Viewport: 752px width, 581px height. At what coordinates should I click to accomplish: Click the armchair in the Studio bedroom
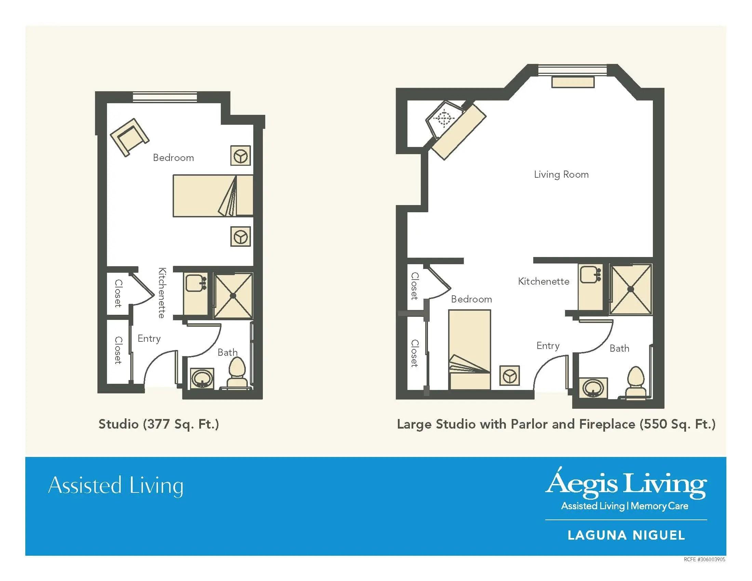(x=130, y=137)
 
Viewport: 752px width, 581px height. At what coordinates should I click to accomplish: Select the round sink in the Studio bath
(x=202, y=379)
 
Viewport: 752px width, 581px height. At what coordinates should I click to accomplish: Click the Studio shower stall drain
(x=233, y=296)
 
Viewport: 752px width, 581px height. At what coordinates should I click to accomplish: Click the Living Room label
(x=561, y=175)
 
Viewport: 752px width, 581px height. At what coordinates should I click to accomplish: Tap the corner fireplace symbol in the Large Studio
(x=444, y=119)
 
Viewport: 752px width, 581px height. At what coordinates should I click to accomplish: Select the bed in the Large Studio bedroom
(x=470, y=350)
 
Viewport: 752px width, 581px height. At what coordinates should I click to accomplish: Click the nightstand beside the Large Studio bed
(x=510, y=376)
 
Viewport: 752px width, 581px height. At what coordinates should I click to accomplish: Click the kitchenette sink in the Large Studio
(x=590, y=274)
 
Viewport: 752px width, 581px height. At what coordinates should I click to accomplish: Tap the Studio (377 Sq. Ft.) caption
(x=159, y=424)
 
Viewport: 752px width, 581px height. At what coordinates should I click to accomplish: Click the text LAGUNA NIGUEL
(x=626, y=535)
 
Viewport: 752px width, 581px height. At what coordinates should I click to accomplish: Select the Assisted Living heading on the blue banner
(x=116, y=486)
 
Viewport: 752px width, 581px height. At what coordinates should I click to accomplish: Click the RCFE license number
(x=704, y=560)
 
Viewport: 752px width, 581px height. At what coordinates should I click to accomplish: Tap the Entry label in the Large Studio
(x=548, y=346)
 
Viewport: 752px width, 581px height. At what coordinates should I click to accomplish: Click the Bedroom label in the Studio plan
(x=173, y=158)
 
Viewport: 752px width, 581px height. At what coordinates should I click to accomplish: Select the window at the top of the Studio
(x=165, y=97)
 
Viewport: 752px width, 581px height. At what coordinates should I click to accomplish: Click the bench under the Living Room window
(x=573, y=82)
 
